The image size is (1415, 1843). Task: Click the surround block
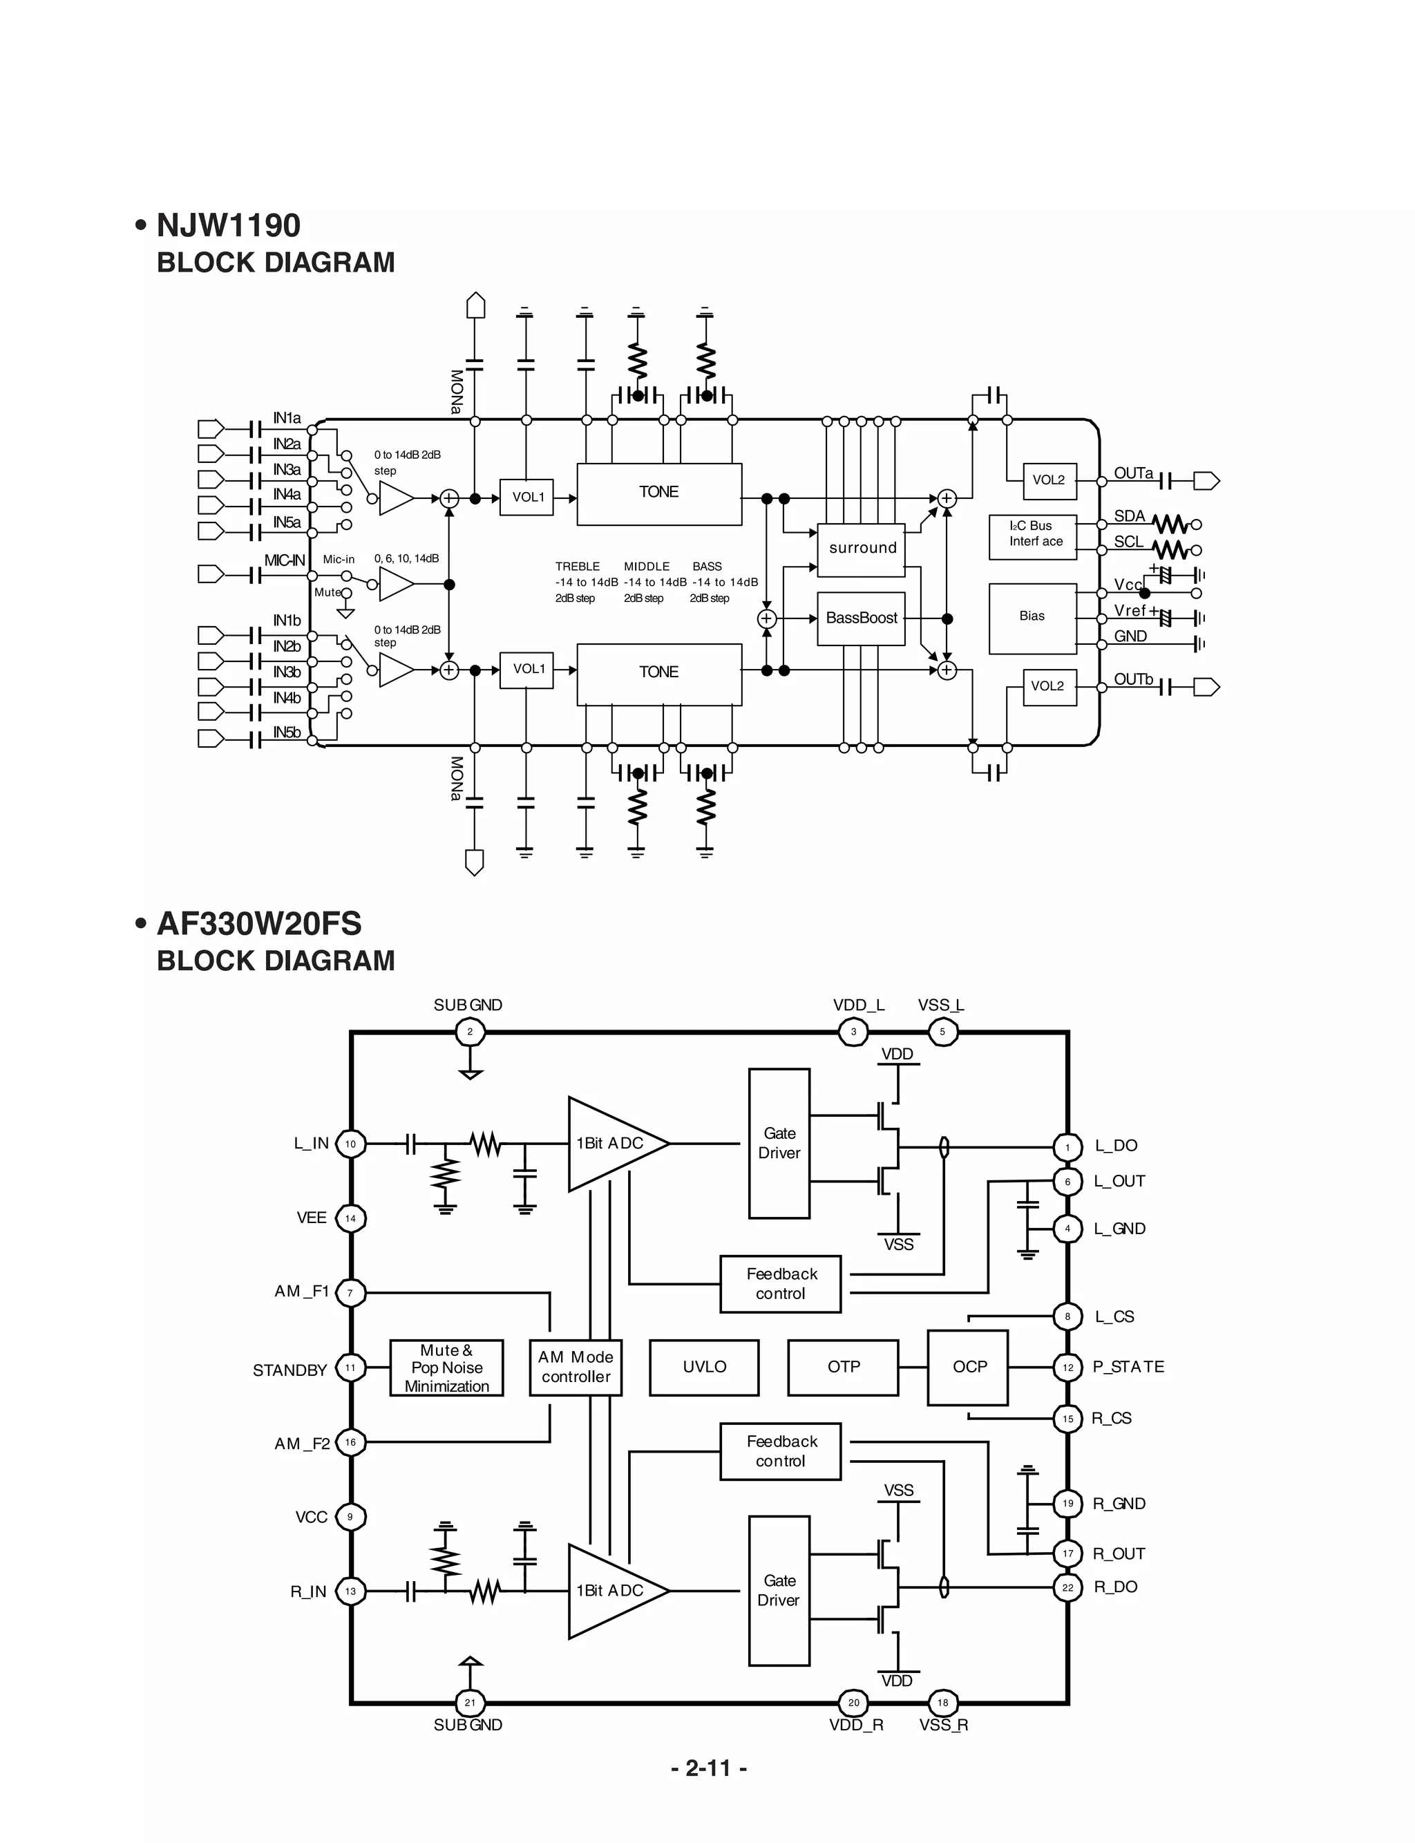point(861,549)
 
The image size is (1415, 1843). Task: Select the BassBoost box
point(861,618)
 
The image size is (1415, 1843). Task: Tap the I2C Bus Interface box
point(1033,536)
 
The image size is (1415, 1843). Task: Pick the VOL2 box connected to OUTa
point(1049,480)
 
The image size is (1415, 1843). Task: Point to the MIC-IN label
point(284,560)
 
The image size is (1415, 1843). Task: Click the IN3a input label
point(286,470)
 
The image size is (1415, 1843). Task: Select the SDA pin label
point(1130,516)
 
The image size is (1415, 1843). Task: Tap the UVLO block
point(704,1367)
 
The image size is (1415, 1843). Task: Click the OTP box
point(843,1367)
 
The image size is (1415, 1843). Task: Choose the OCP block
point(968,1367)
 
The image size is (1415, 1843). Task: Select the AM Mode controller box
point(576,1367)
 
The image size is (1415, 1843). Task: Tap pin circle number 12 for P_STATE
point(1067,1367)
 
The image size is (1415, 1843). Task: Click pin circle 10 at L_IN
point(350,1144)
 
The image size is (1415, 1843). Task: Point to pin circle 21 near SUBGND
point(470,1702)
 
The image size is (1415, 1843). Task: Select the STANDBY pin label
point(289,1370)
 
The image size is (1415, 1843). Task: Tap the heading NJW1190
point(228,226)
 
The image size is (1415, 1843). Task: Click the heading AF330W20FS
point(258,924)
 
